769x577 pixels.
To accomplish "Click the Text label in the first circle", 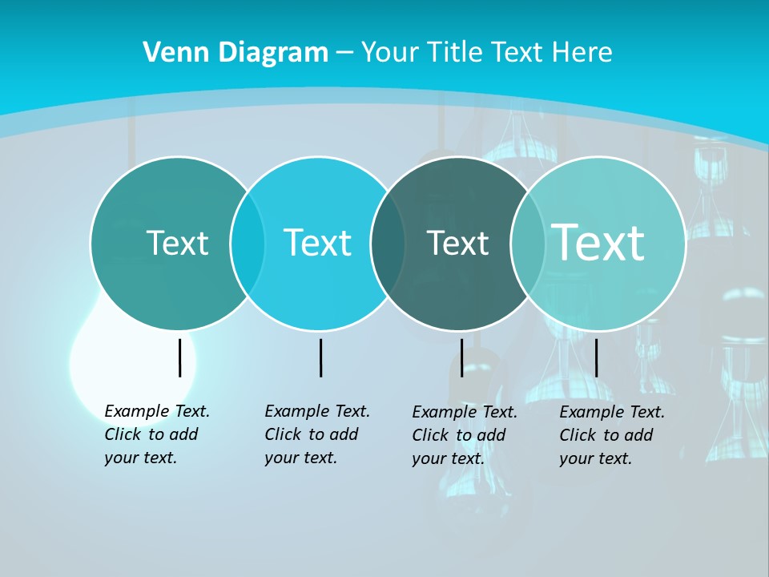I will pos(177,243).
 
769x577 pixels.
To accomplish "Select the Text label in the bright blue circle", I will pos(317,243).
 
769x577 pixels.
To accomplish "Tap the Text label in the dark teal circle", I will pos(457,243).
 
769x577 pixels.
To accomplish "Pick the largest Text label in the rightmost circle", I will pos(598,242).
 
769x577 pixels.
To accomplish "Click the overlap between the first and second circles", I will pos(248,243).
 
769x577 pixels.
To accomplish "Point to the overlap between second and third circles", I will pos(389,243).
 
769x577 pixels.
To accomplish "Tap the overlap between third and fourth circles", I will pos(528,243).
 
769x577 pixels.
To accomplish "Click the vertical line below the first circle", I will pos(180,357).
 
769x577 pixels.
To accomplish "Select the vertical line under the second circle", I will pos(320,357).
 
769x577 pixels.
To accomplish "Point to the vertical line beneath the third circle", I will pos(461,357).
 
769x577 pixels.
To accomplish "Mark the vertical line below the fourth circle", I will pos(596,357).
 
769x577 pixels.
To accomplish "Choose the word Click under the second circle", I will pos(281,434).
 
